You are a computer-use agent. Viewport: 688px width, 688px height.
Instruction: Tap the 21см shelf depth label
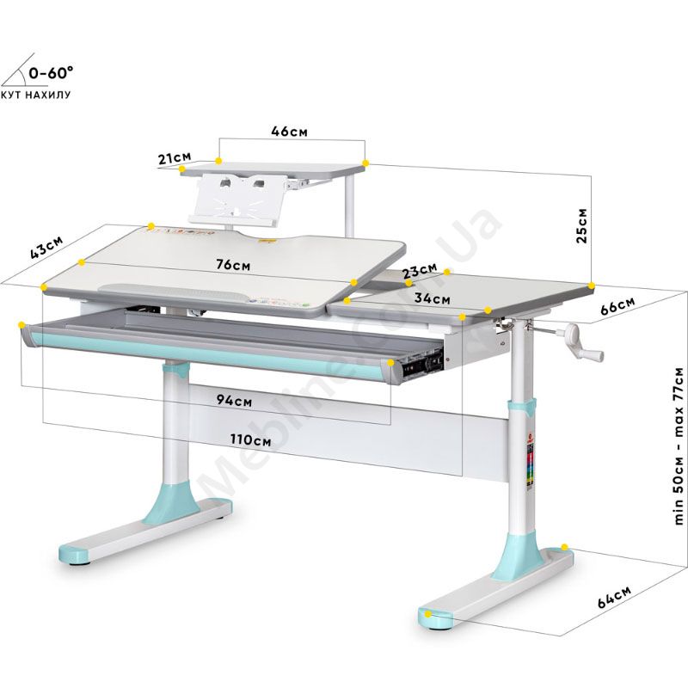tap(174, 157)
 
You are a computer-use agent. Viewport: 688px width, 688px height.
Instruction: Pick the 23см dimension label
tap(420, 272)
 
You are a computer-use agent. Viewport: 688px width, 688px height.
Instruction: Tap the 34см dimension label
tap(432, 298)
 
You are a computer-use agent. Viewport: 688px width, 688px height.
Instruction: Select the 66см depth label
tap(618, 306)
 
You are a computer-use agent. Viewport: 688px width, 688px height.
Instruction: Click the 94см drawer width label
tap(235, 401)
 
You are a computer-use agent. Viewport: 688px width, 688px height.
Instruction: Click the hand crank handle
tap(581, 344)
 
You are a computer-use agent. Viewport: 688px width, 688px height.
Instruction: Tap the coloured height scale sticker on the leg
tap(530, 470)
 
